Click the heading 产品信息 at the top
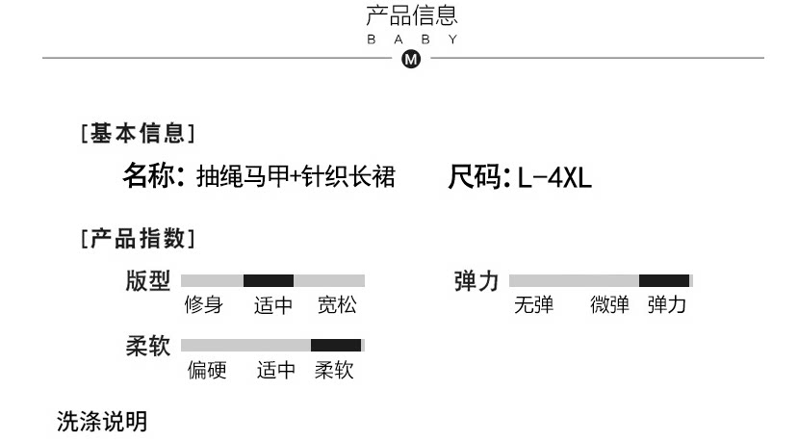tap(412, 15)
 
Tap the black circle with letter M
tap(411, 59)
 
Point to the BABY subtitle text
tap(412, 39)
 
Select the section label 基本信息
tap(138, 134)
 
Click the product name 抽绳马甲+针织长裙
tap(296, 177)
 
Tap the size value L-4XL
tap(554, 178)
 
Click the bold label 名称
tap(152, 177)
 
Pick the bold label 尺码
tap(477, 177)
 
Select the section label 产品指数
tap(138, 238)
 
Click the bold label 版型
tap(147, 281)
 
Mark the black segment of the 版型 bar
tap(269, 281)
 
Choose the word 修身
tap(204, 306)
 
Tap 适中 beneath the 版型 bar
tap(273, 306)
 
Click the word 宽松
tap(337, 306)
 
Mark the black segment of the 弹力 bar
tap(664, 281)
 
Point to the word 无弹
tap(533, 306)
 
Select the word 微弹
tap(609, 306)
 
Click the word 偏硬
tap(207, 370)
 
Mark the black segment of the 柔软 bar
tap(336, 345)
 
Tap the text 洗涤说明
tap(102, 421)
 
